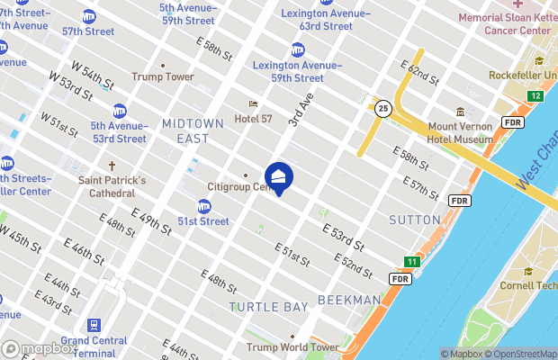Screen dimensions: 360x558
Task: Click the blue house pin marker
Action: point(278,177)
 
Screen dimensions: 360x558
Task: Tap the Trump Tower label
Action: point(163,76)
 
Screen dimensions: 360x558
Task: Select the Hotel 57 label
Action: point(253,118)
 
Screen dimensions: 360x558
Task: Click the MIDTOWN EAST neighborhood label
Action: point(185,130)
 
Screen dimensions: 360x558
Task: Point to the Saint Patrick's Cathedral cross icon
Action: point(112,166)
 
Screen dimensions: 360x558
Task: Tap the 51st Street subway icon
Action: point(205,207)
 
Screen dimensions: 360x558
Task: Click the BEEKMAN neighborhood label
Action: point(349,300)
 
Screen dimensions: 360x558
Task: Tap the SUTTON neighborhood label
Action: point(414,220)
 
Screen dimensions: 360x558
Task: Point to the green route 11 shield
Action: point(411,262)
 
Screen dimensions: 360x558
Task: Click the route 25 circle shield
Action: point(382,107)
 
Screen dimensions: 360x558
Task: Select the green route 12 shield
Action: point(536,95)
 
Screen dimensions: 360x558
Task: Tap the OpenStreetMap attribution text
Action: point(523,354)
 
